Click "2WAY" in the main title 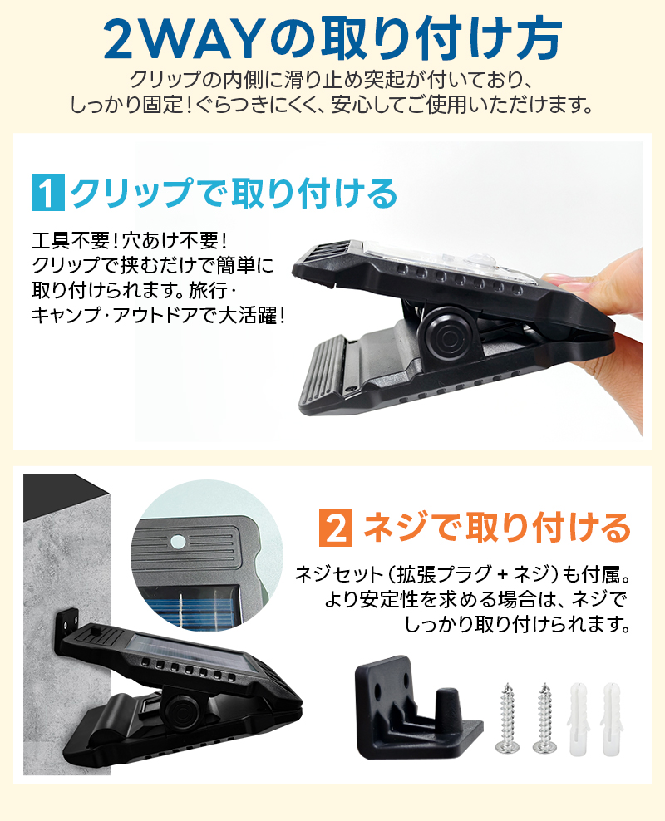point(181,37)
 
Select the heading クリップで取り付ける point(234,194)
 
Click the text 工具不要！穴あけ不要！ point(128,241)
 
